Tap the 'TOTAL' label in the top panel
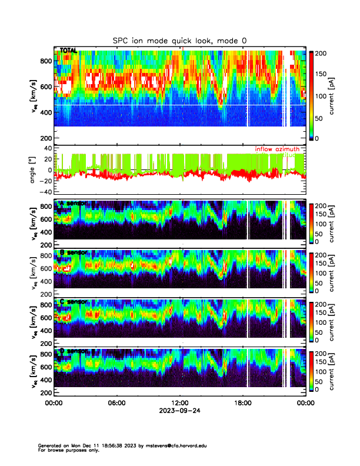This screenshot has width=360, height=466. [x=68, y=51]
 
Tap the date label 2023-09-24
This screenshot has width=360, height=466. [x=179, y=411]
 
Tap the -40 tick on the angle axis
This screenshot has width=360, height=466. [x=45, y=192]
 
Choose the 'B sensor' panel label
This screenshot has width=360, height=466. [x=73, y=252]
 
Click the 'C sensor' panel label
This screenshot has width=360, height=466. [x=73, y=302]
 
